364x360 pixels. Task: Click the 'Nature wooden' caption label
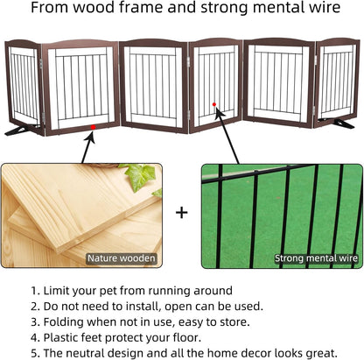pos(121,258)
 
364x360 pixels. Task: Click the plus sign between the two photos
pos(182,212)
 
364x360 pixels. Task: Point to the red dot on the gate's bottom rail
pos(92,129)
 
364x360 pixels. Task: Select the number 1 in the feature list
pos(35,290)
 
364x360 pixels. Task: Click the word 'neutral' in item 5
pos(94,354)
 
